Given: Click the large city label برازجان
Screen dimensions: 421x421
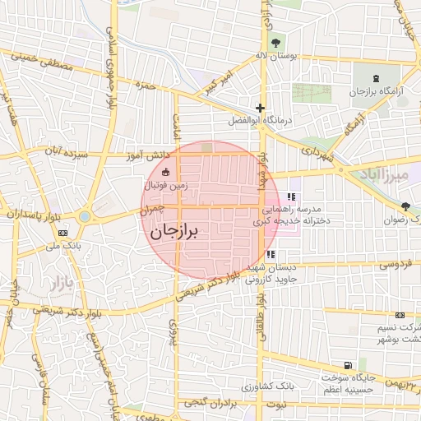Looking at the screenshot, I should point(174,232).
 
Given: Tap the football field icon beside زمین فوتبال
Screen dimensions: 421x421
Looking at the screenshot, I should point(167,173).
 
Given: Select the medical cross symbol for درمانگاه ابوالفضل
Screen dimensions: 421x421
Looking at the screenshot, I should point(260,108).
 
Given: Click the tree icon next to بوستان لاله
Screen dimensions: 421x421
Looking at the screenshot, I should point(275,43).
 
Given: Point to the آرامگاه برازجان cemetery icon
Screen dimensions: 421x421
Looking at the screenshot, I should point(361,77).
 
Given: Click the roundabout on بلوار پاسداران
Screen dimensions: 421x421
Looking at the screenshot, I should point(86,218).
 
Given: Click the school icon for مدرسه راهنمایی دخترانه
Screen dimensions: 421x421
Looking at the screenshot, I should point(291,197).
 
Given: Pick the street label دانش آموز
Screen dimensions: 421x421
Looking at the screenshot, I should point(148,155).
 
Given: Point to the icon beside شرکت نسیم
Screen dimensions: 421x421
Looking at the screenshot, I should point(400,315).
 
